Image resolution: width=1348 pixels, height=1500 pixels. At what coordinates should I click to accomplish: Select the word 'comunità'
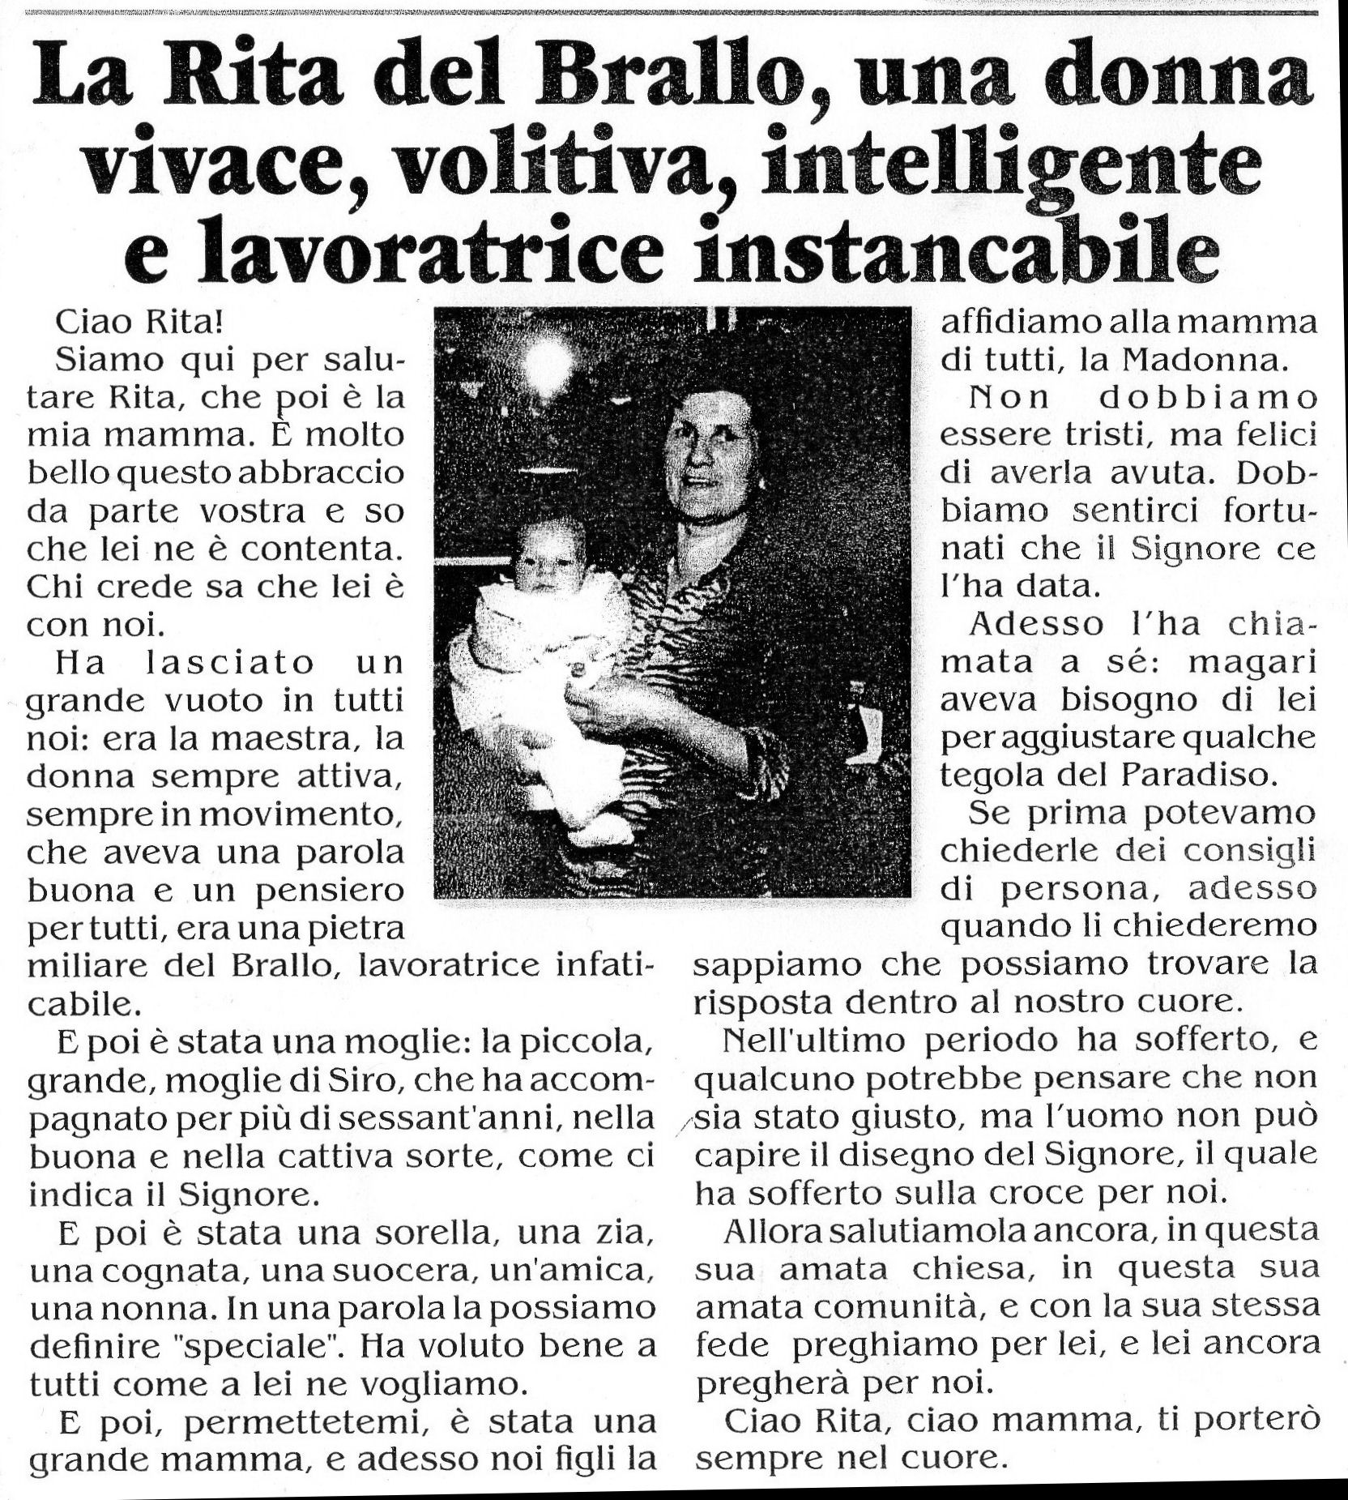point(885,1307)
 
